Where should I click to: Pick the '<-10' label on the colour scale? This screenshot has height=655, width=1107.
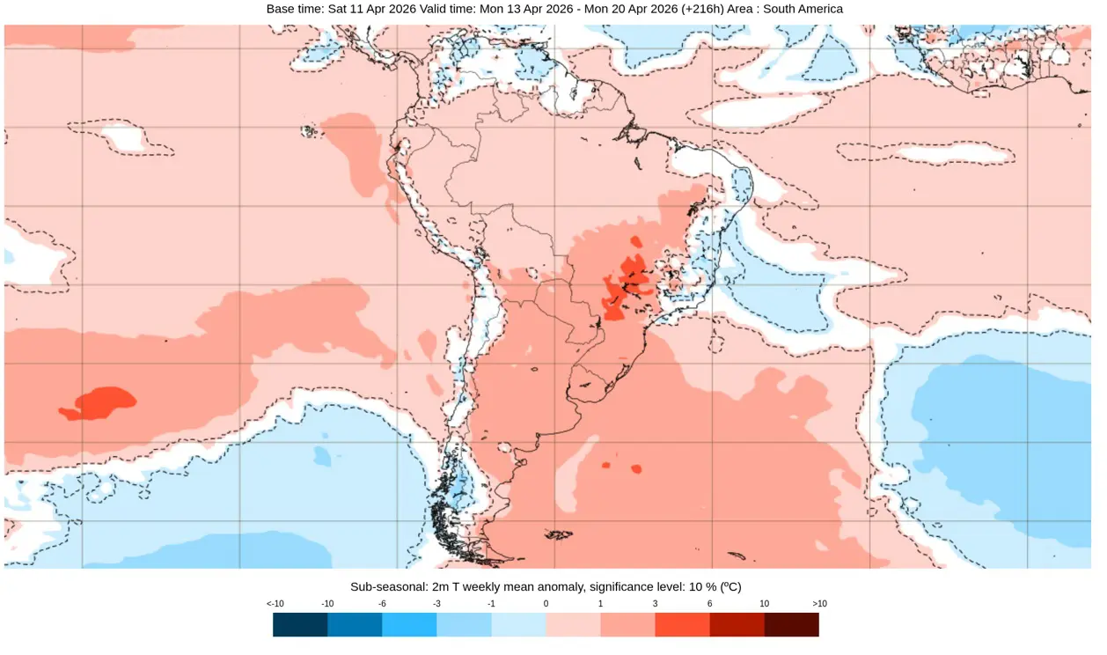(275, 604)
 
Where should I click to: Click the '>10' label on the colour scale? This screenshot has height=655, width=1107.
(818, 604)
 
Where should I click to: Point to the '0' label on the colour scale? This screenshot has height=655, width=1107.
(546, 604)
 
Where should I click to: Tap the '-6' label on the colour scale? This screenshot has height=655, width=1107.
(382, 604)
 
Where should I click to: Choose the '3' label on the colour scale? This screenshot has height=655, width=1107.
(655, 604)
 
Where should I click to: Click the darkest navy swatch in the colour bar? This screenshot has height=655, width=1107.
(300, 625)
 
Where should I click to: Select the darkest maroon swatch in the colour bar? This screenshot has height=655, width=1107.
(791, 625)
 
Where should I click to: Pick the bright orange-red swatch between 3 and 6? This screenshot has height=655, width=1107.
(682, 625)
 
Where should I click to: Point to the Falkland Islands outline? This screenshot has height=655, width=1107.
(557, 534)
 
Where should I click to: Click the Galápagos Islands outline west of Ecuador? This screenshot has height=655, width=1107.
(308, 131)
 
